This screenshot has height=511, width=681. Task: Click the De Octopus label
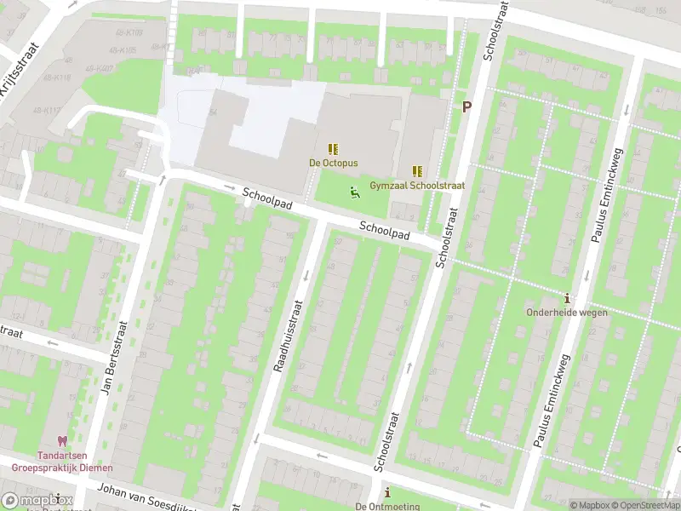tap(333, 163)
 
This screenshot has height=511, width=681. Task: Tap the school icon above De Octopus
tap(333, 149)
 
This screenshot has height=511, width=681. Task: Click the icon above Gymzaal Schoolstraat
tap(417, 171)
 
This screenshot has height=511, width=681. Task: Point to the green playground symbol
tap(354, 192)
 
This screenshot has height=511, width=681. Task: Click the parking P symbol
tap(466, 106)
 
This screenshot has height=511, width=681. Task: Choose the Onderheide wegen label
tap(568, 313)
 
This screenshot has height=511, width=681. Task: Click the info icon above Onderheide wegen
tap(568, 299)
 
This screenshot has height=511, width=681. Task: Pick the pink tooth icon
tap(61, 442)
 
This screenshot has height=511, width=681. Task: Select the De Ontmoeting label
tap(388, 506)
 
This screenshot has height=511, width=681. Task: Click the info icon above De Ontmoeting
tap(388, 492)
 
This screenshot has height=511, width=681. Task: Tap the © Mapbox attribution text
tap(589, 505)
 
